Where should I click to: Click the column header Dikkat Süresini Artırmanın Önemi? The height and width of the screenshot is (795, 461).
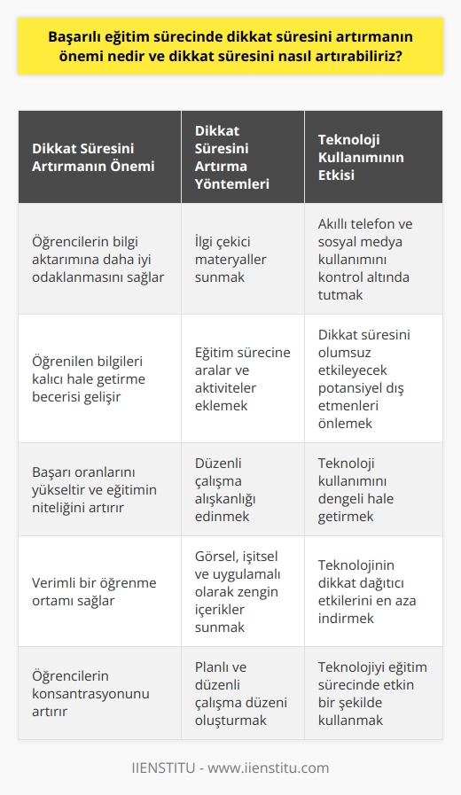tap(93, 158)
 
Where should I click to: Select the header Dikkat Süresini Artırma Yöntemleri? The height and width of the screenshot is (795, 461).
tap(231, 158)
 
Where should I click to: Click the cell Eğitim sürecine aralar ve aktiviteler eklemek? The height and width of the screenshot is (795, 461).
tap(231, 378)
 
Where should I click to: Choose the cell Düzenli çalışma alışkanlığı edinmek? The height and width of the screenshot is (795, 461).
tap(231, 489)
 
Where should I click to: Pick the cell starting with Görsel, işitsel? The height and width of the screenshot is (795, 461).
tap(231, 589)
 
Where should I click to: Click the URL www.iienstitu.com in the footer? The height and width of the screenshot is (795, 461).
tap(271, 766)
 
